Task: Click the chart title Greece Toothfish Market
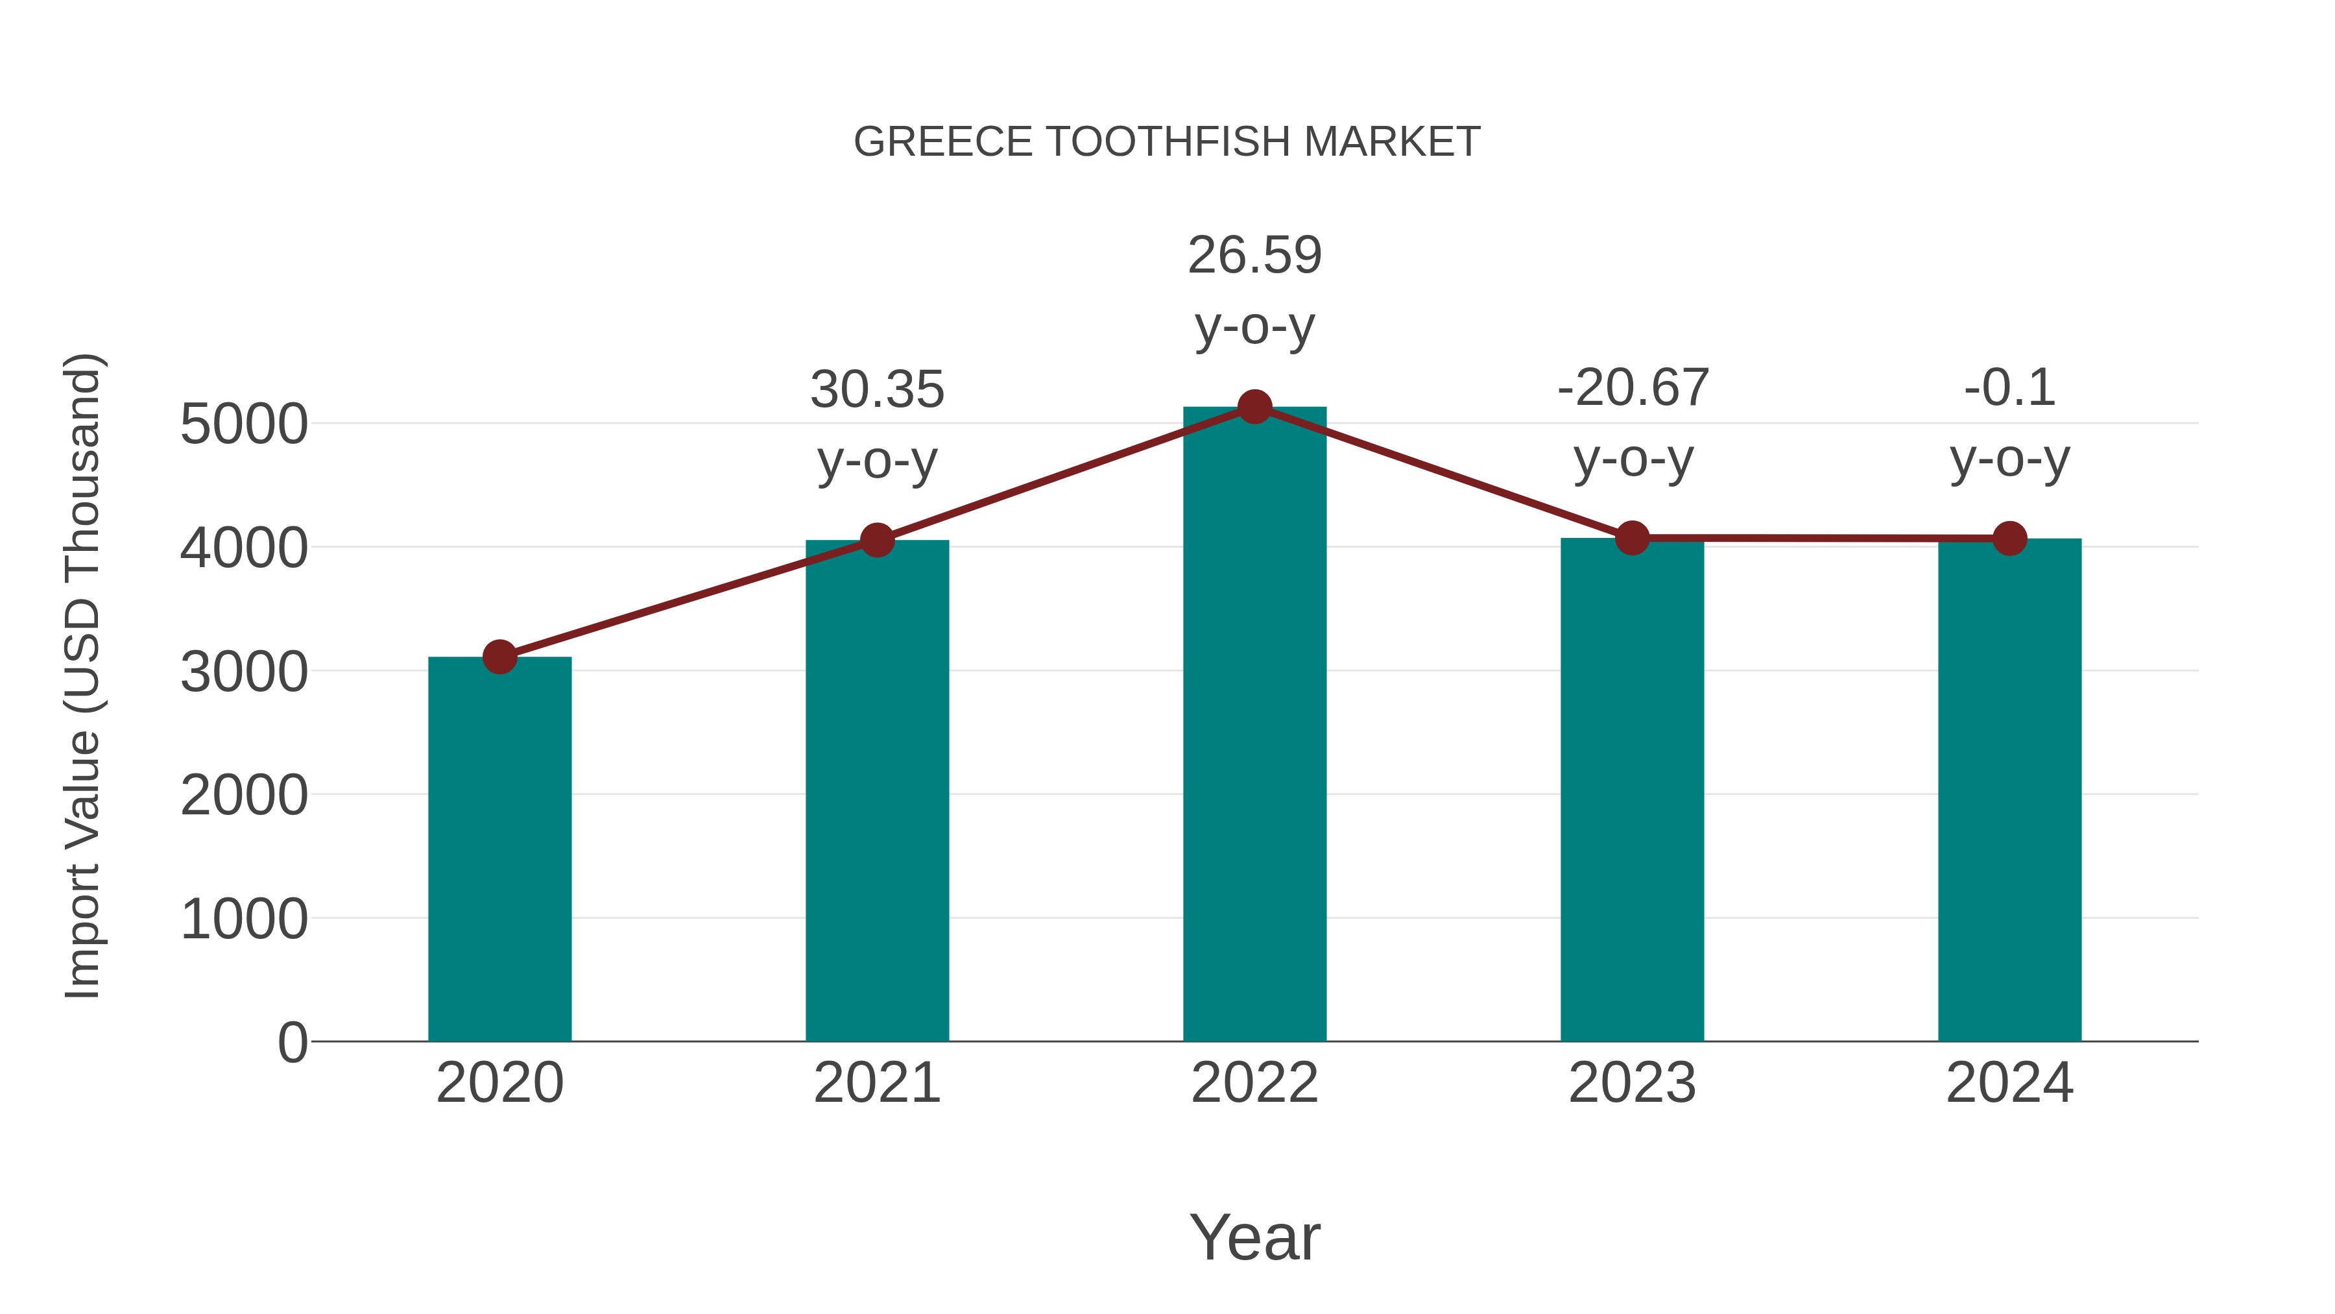coord(1167,142)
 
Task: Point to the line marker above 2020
coord(499,657)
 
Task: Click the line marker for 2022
coord(1254,407)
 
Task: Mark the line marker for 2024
coord(2009,539)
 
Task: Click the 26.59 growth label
coord(1254,256)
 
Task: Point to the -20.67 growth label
coord(1633,388)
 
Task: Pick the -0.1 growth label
coord(2009,388)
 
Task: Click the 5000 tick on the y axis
coord(244,424)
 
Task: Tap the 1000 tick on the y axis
coord(244,919)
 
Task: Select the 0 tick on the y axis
coord(292,1043)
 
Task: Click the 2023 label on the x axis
coord(1632,1084)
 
